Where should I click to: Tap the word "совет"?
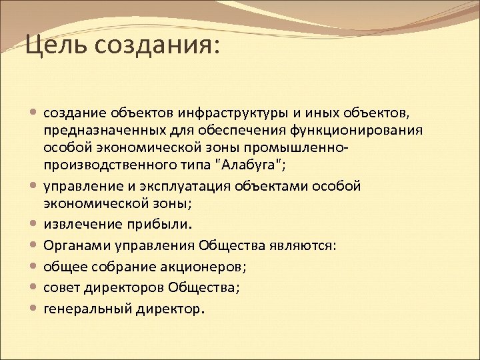[61, 288]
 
